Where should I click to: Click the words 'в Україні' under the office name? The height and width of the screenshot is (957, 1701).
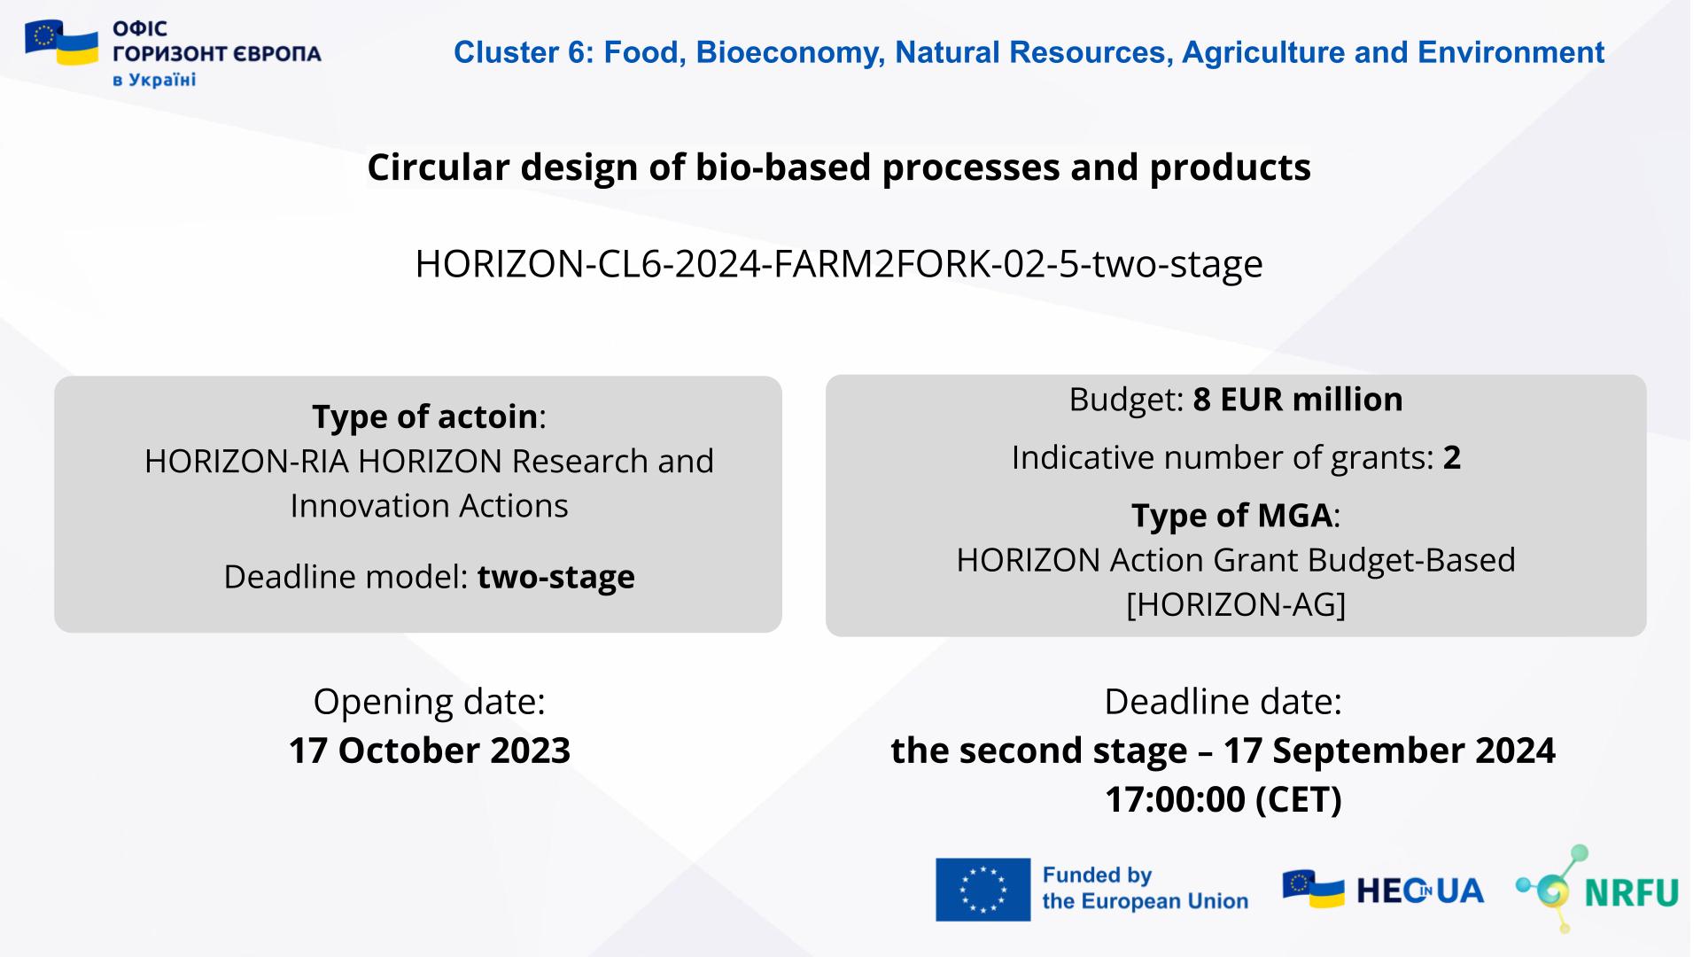[154, 81]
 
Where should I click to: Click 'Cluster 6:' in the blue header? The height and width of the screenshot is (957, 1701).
[524, 53]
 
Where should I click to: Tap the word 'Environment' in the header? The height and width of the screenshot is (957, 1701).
[1511, 53]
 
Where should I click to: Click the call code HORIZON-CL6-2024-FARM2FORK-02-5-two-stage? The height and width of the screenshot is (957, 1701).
[838, 264]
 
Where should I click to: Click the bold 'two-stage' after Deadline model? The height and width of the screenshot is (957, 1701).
[555, 577]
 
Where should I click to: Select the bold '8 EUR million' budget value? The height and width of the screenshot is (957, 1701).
[1297, 400]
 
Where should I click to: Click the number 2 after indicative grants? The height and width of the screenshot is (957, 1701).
[1451, 458]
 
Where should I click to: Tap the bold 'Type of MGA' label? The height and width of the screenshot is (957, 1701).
[1231, 516]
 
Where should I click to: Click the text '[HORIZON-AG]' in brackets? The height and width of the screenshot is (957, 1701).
[1235, 605]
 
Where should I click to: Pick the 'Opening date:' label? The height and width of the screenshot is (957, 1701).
[429, 702]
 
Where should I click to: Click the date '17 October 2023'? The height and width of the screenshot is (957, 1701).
[429, 751]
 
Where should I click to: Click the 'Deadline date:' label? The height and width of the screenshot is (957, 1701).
[1223, 702]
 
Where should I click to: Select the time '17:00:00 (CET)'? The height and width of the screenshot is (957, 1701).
[1223, 799]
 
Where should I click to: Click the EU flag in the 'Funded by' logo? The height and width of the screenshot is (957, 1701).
[983, 889]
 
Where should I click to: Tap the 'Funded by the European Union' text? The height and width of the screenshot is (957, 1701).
[1144, 889]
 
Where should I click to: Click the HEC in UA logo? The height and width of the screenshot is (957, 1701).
[1382, 890]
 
